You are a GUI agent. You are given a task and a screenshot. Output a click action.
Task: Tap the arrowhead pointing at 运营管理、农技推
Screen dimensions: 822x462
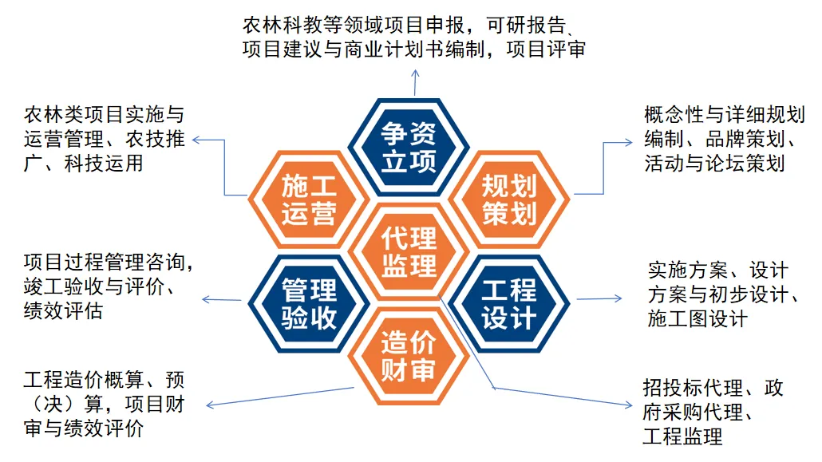(x=196, y=140)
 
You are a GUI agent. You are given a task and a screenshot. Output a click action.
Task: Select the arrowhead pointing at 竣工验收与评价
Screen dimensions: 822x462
(x=205, y=299)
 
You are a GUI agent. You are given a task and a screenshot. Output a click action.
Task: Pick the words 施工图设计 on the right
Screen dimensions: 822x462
(x=698, y=318)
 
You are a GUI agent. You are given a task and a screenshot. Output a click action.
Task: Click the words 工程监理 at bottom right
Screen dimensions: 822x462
(x=682, y=436)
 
